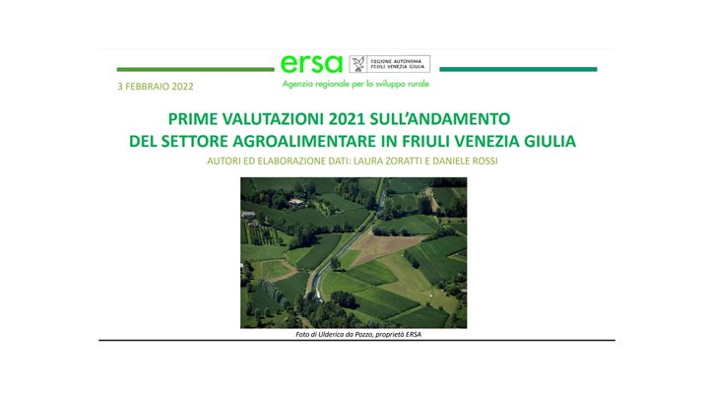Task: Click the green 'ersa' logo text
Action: click(311, 63)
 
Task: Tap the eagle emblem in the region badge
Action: click(359, 64)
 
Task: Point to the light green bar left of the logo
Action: click(195, 70)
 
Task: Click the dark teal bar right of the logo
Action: click(517, 70)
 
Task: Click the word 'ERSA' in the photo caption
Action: click(422, 334)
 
